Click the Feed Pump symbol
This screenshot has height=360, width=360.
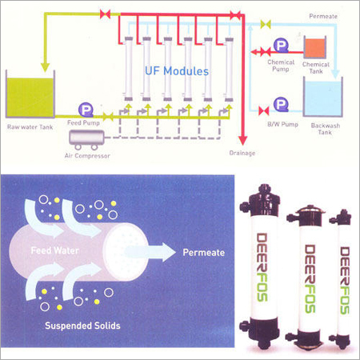pos(86,110)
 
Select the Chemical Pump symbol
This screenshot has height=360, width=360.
pos(281,46)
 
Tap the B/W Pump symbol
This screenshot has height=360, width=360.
pos(281,104)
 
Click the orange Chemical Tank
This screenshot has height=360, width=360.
pos(315,48)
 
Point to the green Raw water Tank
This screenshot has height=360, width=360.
pos(30,97)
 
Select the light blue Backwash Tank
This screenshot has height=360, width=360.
pos(322,98)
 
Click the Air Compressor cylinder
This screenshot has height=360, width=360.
pos(86,138)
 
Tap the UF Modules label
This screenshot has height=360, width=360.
pos(177,71)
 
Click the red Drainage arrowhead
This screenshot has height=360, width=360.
pos(242,140)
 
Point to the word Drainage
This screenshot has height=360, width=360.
pos(242,153)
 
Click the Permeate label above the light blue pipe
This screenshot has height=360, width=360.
pos(323,16)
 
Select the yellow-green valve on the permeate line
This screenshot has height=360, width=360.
pos(266,24)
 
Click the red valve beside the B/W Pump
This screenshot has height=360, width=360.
pos(264,111)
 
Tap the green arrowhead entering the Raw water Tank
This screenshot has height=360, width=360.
pos(45,67)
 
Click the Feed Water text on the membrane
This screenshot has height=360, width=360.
pos(55,250)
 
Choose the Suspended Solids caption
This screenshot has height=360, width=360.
pos(82,326)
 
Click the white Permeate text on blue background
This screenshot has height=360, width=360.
pos(204,253)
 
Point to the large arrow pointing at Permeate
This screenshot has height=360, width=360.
pos(150,252)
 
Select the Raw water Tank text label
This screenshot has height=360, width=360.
pos(30,127)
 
